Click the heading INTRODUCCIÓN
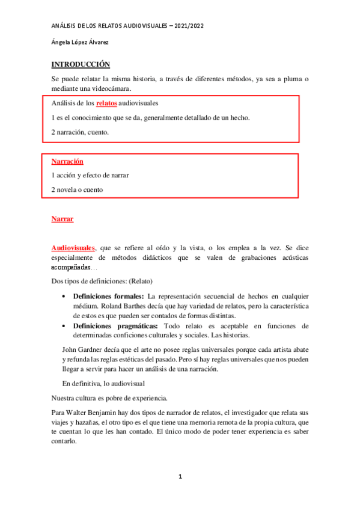pyautogui.click(x=81, y=64)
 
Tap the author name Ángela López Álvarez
pyautogui.click(x=79, y=42)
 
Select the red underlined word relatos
pyautogui.click(x=106, y=103)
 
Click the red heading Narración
pyautogui.click(x=67, y=162)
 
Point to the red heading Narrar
pyautogui.click(x=63, y=219)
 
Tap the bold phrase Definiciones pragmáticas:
pyautogui.click(x=112, y=326)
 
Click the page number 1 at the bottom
pyautogui.click(x=180, y=477)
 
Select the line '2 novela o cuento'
pyautogui.click(x=77, y=189)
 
